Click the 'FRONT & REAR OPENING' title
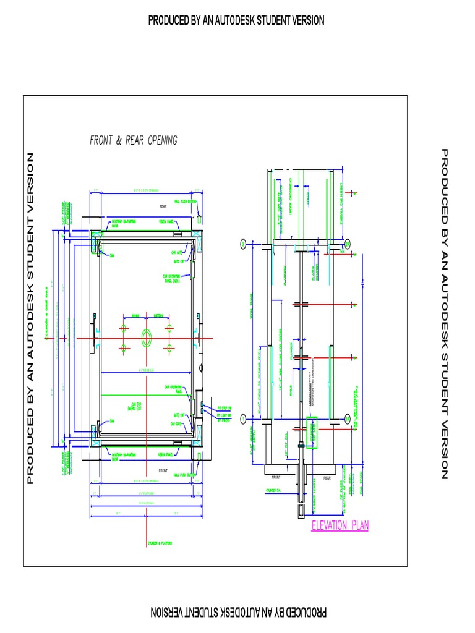click(134, 141)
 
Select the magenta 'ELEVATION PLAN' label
click(340, 526)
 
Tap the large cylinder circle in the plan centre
click(147, 338)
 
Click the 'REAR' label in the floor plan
click(163, 206)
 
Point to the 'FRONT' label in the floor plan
click(163, 470)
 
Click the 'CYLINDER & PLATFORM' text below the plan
click(160, 543)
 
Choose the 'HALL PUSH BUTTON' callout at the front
click(185, 475)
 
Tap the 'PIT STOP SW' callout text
click(224, 408)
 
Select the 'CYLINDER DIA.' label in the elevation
click(274, 490)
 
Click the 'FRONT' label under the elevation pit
click(276, 478)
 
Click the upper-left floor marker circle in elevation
click(243, 244)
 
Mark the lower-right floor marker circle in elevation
click(348, 419)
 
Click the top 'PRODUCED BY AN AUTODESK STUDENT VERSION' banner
click(236, 20)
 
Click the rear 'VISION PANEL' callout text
click(166, 221)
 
